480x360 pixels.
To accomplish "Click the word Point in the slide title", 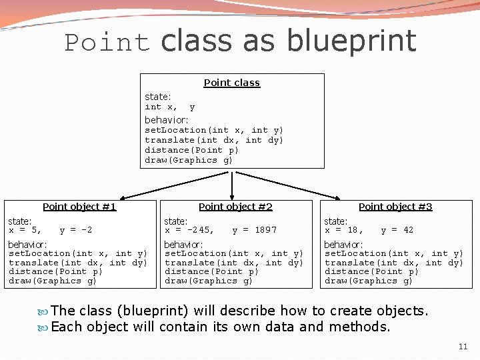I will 107,43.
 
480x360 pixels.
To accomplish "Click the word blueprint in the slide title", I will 351,41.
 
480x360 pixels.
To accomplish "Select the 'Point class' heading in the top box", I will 231,83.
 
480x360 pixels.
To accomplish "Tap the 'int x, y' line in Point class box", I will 170,107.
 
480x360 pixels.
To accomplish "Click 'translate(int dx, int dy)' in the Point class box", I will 214,140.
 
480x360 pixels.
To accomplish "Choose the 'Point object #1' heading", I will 79,207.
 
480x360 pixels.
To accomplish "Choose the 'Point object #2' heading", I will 235,207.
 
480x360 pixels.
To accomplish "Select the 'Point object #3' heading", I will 395,207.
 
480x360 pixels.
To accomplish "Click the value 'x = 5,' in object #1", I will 25,230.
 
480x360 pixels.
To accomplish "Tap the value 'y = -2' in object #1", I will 76,230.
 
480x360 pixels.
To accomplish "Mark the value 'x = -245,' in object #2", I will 189,230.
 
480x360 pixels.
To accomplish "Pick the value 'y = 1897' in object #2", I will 254,230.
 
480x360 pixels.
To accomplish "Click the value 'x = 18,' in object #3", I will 344,230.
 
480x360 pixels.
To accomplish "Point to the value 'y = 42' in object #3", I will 397,230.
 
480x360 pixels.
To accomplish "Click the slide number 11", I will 463,347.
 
